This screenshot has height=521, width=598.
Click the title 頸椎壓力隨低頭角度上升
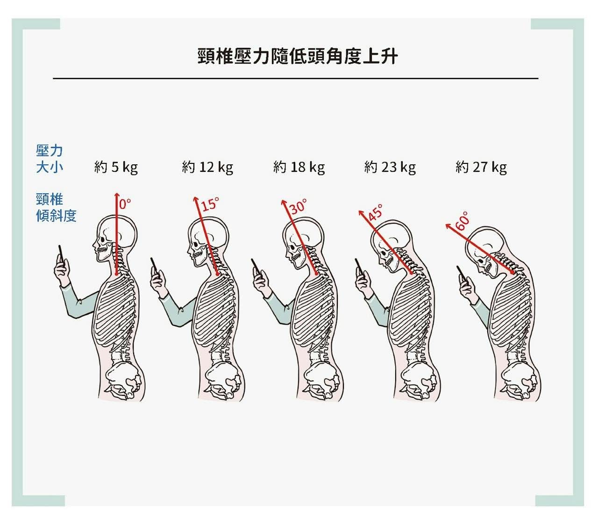click(x=298, y=56)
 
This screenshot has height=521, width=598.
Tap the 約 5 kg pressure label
click(x=116, y=167)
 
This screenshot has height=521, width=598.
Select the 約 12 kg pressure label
click(x=207, y=167)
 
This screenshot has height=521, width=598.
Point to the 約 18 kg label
click(x=299, y=167)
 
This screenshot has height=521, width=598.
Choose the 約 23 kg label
click(x=390, y=167)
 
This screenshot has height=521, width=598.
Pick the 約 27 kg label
click(x=481, y=167)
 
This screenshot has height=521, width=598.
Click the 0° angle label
click(x=125, y=204)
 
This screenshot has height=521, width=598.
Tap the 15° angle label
click(x=210, y=204)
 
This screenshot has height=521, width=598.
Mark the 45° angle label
click(x=375, y=212)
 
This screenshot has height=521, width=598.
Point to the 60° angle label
click(x=462, y=221)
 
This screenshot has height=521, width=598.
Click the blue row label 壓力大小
click(x=49, y=159)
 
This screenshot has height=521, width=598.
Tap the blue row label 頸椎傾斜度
click(x=56, y=208)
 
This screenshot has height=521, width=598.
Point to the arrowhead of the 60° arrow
click(x=448, y=226)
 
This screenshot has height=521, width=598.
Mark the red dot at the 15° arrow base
click(x=217, y=274)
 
